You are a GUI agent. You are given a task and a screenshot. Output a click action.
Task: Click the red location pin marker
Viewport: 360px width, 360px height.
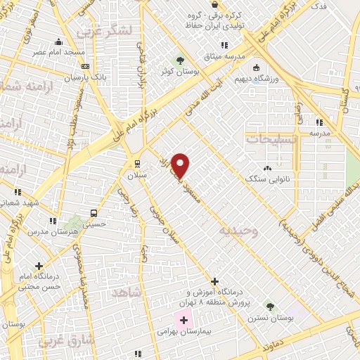181,165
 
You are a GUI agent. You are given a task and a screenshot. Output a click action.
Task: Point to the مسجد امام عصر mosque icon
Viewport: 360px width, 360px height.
58,41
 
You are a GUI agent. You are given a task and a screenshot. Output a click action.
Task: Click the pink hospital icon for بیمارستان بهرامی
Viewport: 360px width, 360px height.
184,320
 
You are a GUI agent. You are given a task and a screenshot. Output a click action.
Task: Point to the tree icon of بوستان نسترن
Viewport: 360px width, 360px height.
270,306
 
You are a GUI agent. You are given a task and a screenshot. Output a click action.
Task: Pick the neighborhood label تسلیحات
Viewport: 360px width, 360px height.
271,139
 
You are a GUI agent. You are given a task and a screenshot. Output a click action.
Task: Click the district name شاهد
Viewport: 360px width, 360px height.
127,291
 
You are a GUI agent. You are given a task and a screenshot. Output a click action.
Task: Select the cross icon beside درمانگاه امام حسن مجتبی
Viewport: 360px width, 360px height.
39,266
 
